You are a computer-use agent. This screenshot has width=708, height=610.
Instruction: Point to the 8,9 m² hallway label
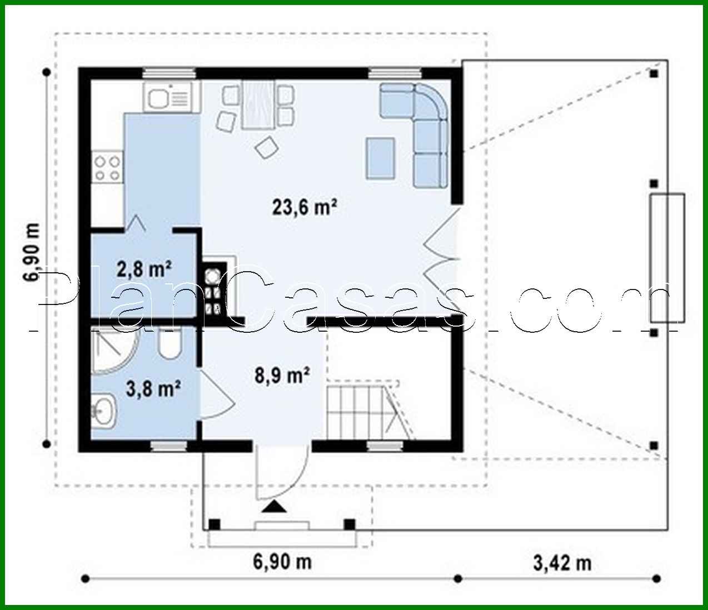pos(282,376)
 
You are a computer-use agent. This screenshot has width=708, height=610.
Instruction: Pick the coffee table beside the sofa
pos(380,158)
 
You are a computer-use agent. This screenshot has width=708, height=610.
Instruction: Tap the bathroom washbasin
pos(103,412)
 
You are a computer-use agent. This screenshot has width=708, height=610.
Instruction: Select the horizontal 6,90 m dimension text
pos(282,562)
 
